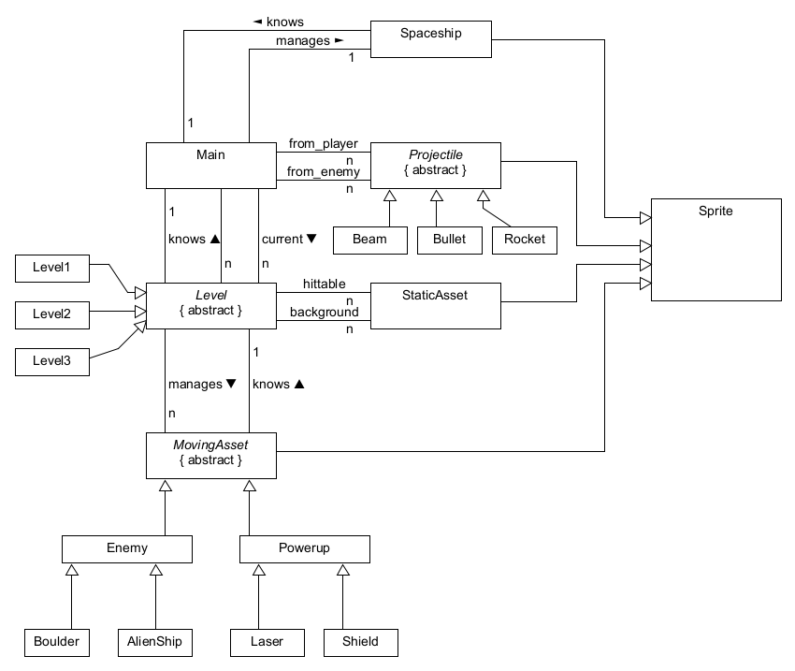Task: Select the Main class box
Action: [x=211, y=165]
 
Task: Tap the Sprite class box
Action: [x=715, y=249]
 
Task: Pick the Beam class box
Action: [x=370, y=240]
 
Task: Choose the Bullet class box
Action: [x=450, y=240]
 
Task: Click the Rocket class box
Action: [x=525, y=240]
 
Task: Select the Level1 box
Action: [x=52, y=269]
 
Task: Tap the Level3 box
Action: [x=52, y=360]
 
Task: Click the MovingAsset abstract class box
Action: [x=211, y=455]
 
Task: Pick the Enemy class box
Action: [x=127, y=548]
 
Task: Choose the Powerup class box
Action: [x=305, y=548]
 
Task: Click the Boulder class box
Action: [x=57, y=642]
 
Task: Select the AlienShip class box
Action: [x=155, y=642]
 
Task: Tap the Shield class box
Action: [x=361, y=642]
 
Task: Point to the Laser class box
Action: [x=267, y=642]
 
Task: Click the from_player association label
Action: [x=324, y=143]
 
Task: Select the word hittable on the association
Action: [x=325, y=284]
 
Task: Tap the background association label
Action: [x=324, y=311]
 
